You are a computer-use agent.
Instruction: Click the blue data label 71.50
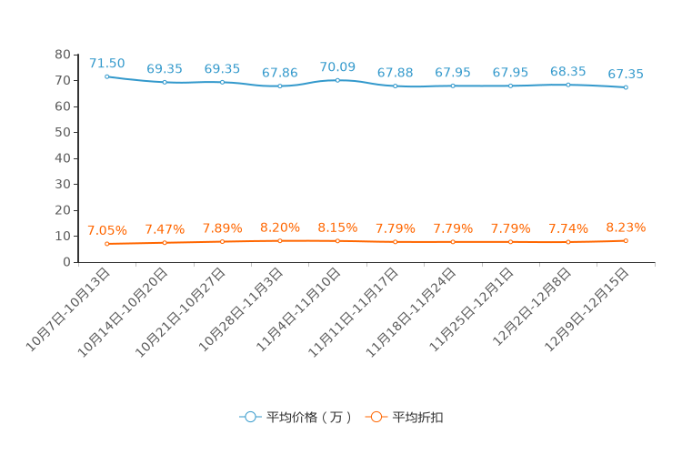[106, 64]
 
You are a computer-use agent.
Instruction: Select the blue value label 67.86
[279, 73]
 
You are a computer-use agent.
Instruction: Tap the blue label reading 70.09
[337, 67]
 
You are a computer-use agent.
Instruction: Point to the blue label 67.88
[395, 73]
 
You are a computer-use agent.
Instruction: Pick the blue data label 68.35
[567, 72]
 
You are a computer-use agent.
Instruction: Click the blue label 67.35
[626, 75]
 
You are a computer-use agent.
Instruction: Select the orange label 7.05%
[106, 230]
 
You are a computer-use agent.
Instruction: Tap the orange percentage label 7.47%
[165, 229]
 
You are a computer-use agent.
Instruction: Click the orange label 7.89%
[222, 228]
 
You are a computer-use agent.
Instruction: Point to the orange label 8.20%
[279, 227]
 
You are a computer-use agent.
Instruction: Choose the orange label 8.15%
[337, 227]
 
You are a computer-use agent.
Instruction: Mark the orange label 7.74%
[567, 228]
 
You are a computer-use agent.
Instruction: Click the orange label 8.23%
[626, 227]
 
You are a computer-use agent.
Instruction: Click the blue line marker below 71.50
[106, 76]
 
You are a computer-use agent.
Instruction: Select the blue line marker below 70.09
[337, 80]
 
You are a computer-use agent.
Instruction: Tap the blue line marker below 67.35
[626, 87]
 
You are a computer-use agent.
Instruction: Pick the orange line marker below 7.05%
[106, 244]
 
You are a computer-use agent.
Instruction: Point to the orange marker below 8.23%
[626, 240]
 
